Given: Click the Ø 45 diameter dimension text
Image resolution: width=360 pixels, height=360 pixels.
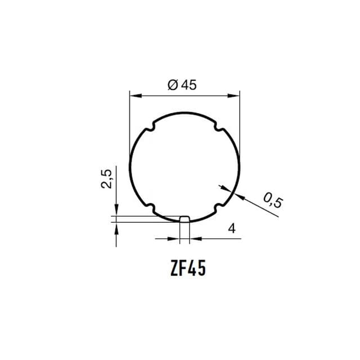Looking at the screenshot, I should tap(182, 85).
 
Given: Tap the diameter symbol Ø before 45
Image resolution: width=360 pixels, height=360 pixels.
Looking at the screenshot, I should tap(172, 85).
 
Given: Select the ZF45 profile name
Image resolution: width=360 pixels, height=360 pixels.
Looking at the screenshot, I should tap(187, 268).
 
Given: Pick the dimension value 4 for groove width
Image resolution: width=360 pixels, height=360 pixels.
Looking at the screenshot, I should tap(232, 228).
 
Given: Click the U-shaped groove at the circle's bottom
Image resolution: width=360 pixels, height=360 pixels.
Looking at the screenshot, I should tap(184, 218).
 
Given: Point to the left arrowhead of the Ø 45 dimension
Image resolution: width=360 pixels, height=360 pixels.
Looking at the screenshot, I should tap(134, 96).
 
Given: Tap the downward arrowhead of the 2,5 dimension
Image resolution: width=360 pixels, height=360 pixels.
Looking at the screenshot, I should tap(116, 210).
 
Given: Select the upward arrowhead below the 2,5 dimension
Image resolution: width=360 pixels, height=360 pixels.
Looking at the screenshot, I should tap(116, 226).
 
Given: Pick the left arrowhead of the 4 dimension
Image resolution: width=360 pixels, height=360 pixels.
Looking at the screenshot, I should tap(175, 238).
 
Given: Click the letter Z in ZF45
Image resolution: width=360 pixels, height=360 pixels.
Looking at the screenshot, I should tap(174, 268).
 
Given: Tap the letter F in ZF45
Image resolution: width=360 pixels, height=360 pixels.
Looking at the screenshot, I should tap(183, 268).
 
